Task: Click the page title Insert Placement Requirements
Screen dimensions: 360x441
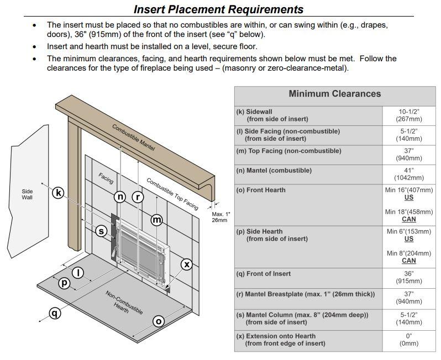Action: [219, 9]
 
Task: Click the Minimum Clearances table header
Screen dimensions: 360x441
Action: [334, 94]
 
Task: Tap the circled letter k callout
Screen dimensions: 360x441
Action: [59, 193]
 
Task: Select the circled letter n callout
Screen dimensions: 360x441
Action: [120, 197]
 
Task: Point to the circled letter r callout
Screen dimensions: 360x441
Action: [138, 197]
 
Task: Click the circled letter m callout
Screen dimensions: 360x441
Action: [157, 220]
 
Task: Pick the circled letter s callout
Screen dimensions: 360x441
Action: [102, 231]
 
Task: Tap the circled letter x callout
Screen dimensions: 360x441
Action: [187, 264]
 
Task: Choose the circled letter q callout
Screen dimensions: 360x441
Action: [54, 313]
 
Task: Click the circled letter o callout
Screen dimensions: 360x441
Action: [159, 321]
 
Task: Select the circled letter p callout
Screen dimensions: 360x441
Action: [65, 283]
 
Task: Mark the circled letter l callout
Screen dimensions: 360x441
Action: [78, 272]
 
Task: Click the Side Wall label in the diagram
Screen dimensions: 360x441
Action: [27, 194]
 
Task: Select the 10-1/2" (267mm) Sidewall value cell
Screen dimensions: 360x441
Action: [408, 115]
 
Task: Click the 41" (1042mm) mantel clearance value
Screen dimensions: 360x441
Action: [408, 174]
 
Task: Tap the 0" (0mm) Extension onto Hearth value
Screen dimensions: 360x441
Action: [408, 340]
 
